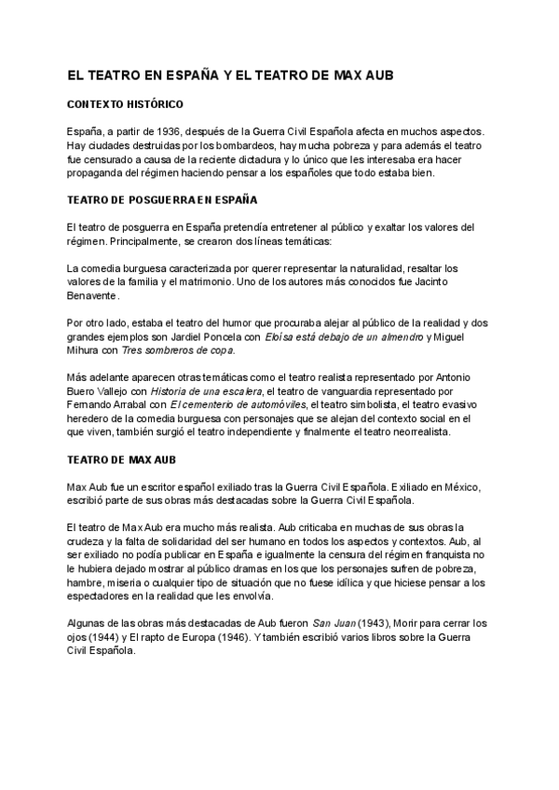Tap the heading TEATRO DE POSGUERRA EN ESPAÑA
(163, 199)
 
